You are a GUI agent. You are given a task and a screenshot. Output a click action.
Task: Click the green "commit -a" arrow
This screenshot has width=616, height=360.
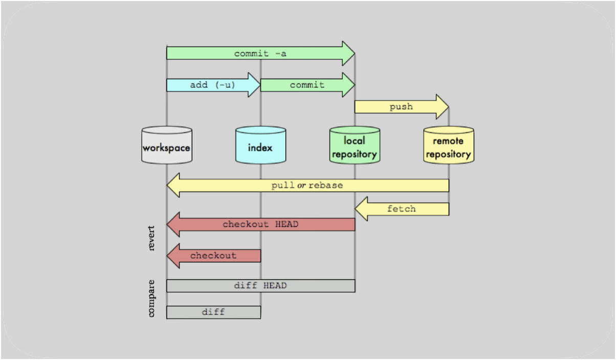(260, 54)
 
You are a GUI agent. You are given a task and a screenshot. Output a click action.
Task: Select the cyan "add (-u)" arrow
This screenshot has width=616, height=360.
(213, 85)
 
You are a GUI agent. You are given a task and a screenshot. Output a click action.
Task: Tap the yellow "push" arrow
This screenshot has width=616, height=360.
(401, 107)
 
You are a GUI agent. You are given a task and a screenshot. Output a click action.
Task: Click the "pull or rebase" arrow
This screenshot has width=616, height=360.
(307, 185)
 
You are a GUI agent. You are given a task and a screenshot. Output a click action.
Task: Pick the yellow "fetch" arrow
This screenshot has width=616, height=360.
(402, 209)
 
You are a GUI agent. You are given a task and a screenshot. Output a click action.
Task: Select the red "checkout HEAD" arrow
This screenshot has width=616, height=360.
(260, 224)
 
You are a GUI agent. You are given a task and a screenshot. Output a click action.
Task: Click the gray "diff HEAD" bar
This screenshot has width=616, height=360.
(260, 286)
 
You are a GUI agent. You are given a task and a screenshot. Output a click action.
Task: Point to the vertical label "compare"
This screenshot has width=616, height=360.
(151, 298)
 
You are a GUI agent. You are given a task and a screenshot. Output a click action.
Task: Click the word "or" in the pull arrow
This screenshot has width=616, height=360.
(301, 185)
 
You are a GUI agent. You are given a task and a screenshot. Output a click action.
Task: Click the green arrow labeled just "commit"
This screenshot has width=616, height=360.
(307, 85)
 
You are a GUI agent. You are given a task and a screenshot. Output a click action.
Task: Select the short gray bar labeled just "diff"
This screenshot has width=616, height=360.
(213, 312)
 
